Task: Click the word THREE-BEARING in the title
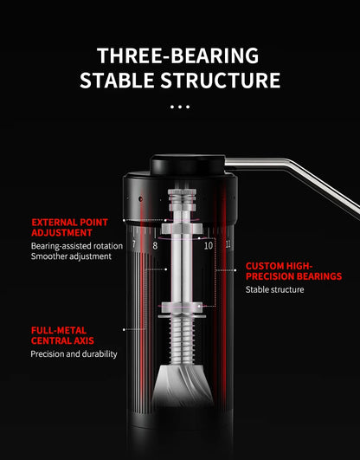tap(177, 55)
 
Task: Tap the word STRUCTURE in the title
tap(221, 80)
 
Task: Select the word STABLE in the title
tap(118, 80)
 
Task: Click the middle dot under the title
tap(180, 107)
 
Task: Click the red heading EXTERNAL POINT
tap(70, 222)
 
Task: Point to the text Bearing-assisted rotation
tap(77, 246)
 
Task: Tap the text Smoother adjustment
tap(71, 256)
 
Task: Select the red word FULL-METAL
tap(59, 330)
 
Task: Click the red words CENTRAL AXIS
tap(62, 340)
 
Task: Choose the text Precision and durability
tap(74, 354)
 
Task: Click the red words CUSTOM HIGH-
tap(280, 266)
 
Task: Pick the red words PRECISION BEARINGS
tap(293, 276)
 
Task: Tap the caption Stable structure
tap(274, 289)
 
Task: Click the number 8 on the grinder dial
tap(155, 245)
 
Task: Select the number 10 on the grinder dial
tap(209, 245)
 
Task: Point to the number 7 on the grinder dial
tap(133, 243)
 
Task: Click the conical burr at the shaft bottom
tap(183, 385)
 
